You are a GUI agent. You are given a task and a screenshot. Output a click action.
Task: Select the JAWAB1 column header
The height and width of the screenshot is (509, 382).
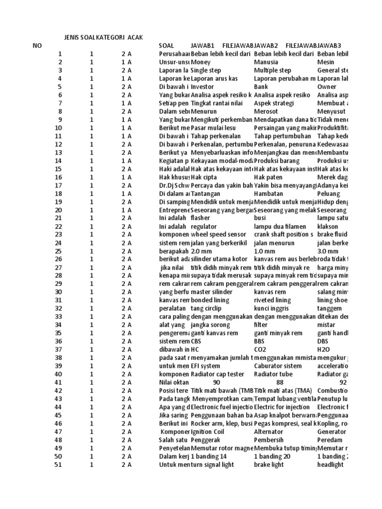tap(202, 46)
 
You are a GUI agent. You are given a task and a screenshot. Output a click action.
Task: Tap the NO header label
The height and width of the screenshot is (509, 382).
tap(38, 46)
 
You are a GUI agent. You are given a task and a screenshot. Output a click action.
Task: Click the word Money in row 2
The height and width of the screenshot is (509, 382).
tap(200, 62)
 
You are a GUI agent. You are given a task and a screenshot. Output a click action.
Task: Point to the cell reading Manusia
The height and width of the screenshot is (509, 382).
tap(266, 62)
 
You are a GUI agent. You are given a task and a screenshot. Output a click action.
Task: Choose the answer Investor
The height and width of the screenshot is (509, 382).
tap(203, 86)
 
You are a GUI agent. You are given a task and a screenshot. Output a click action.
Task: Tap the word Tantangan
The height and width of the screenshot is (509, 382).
tap(206, 193)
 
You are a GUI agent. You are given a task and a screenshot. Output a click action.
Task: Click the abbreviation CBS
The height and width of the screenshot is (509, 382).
tap(197, 341)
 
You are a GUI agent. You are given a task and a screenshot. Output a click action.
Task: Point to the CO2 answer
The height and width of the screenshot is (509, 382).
tap(261, 349)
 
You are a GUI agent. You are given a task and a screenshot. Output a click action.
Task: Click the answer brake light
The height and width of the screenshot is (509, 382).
tap(269, 464)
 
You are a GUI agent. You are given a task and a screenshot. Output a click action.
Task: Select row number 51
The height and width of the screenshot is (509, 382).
tap(58, 464)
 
